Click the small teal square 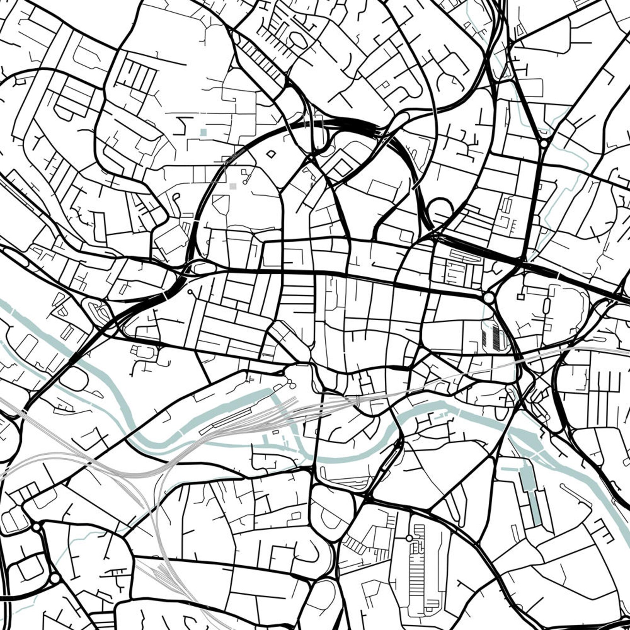point(204,132)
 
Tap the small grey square point(232,186)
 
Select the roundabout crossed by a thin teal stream point(543,144)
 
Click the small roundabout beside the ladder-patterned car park point(409,538)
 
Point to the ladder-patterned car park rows point(421,563)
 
